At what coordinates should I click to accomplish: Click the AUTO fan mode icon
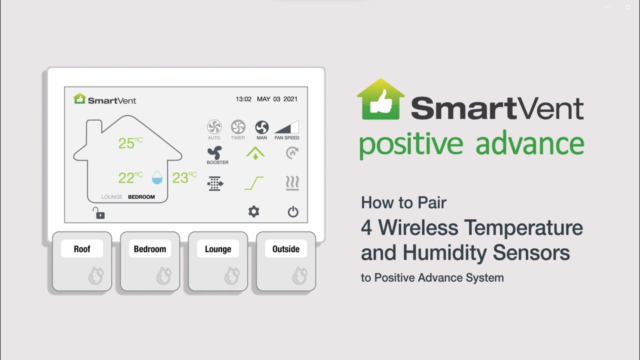(x=214, y=127)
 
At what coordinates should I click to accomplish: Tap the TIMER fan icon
(x=238, y=127)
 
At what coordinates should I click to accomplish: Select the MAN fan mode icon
(x=262, y=127)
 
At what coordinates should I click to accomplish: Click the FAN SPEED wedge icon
(x=287, y=127)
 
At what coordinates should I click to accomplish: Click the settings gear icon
(x=254, y=211)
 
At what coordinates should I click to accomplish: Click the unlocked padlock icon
(x=98, y=213)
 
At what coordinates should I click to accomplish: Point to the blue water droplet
(x=157, y=177)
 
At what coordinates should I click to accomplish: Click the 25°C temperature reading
(x=130, y=143)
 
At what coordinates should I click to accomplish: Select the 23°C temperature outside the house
(x=184, y=177)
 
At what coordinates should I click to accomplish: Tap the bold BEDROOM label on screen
(x=141, y=197)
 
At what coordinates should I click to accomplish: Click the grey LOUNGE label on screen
(x=112, y=197)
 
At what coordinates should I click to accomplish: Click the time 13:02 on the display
(x=243, y=99)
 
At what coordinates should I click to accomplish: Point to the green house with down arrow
(x=255, y=153)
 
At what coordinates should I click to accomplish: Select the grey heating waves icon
(x=292, y=183)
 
